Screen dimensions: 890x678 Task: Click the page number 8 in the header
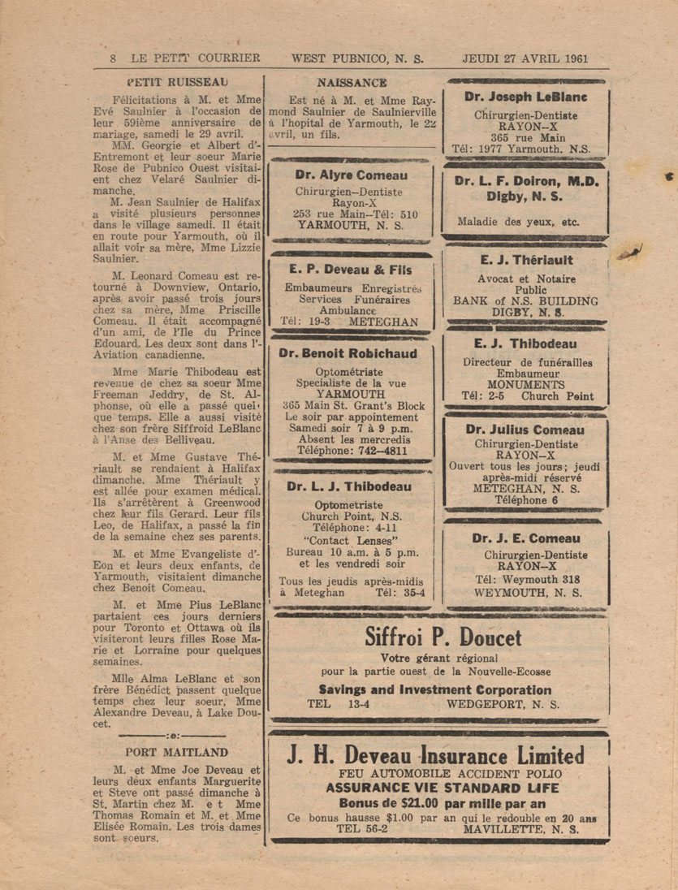coord(113,58)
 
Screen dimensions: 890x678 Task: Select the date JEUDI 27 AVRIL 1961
coord(525,58)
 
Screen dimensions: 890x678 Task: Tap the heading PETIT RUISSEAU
coord(177,81)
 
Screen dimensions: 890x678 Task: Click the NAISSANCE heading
coord(352,82)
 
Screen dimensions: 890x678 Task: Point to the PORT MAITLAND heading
coord(177,751)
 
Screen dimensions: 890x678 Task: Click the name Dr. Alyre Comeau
coord(352,175)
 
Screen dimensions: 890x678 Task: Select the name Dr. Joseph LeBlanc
coord(526,97)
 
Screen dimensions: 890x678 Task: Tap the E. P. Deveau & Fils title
coord(350,270)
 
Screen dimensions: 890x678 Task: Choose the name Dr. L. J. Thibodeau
coord(349,487)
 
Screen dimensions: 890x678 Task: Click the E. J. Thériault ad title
coord(525,261)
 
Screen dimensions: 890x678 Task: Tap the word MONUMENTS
coord(525,384)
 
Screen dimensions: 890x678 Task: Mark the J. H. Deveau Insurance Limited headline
coord(436,755)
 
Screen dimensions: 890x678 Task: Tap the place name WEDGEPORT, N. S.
coord(503,704)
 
